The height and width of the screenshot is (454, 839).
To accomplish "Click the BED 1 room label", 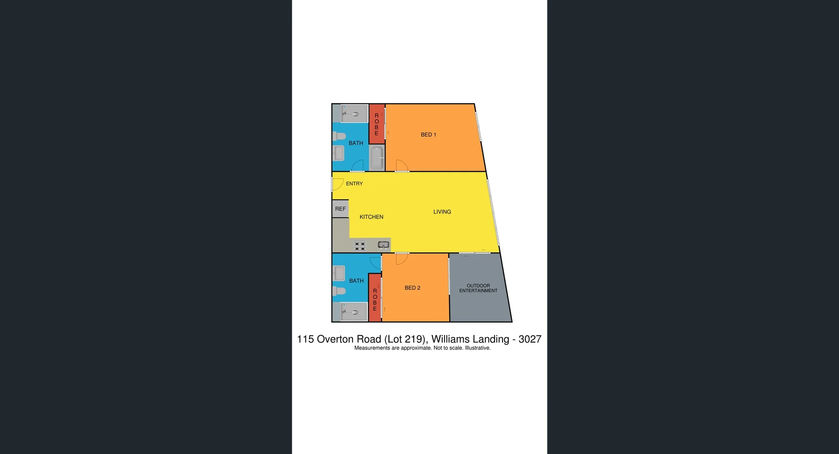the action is click(428, 135).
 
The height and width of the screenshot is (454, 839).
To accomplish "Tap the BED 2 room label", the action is click(412, 288).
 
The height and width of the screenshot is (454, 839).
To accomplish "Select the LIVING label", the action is click(442, 212).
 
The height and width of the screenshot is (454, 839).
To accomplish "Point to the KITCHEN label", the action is click(371, 217).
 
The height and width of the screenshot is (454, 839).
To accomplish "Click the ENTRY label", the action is click(354, 184).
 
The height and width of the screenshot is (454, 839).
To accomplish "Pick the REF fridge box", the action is click(340, 209).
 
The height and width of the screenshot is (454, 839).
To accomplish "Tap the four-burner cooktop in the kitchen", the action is click(360, 246).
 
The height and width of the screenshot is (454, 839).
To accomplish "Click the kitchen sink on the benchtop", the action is click(383, 245).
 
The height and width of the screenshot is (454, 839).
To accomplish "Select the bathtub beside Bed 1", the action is click(377, 158).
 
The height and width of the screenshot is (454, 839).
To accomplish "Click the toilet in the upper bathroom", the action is click(339, 136).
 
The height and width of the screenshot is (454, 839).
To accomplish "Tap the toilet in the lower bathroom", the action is click(339, 291).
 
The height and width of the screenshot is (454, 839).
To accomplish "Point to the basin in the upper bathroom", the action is click(339, 153).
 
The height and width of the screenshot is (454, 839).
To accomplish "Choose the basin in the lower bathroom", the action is click(339, 274).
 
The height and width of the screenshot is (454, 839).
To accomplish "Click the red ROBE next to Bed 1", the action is click(377, 124).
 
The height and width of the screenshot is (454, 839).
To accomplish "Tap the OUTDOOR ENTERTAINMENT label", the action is click(478, 288).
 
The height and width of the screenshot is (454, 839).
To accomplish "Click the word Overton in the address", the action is click(349, 339).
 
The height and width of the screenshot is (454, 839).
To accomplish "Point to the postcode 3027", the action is click(530, 339).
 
